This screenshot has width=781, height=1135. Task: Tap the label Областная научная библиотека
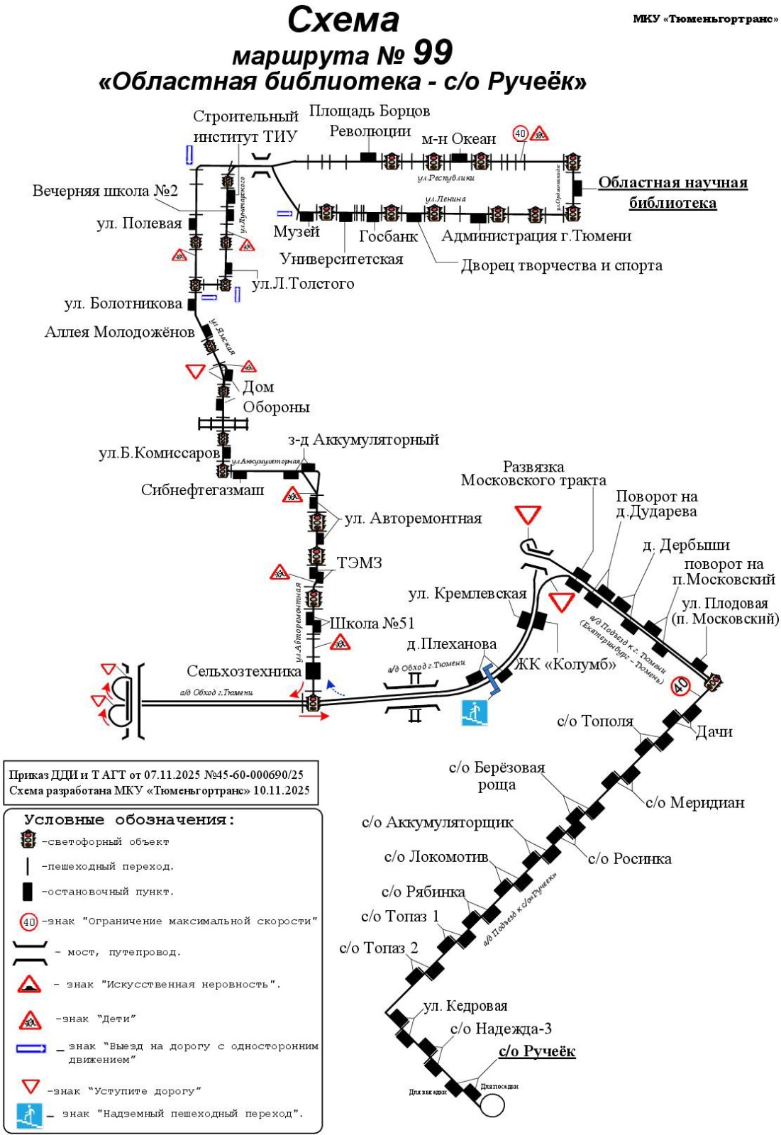pos(672,192)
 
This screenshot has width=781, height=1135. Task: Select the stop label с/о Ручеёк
pos(536,1051)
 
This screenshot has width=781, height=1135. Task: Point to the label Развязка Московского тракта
pos(533,474)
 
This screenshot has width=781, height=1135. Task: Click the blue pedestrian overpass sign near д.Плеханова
pos(475,712)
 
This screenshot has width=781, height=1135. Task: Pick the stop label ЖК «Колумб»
pos(565,664)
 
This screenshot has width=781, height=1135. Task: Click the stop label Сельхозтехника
pos(244,671)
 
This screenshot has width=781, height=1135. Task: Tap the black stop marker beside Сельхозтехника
pos(313,670)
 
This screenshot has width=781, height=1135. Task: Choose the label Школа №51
pos(372,624)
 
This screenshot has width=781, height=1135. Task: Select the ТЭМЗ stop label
pos(359,563)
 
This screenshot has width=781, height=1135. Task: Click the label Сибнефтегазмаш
pos(202,490)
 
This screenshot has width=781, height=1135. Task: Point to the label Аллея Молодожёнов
pos(119,332)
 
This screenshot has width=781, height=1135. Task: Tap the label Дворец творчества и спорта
pos(561,265)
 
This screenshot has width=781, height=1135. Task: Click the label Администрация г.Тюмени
pos(536,236)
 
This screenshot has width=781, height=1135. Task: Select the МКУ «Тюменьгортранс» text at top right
pos(705,19)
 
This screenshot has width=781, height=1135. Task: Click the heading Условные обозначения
pos(129,820)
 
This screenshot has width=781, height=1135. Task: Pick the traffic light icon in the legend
pos(28,841)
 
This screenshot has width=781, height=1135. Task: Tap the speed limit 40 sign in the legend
pos(29,922)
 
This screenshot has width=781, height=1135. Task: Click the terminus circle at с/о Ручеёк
pos(492,1104)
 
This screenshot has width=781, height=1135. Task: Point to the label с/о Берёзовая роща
pos(497,776)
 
